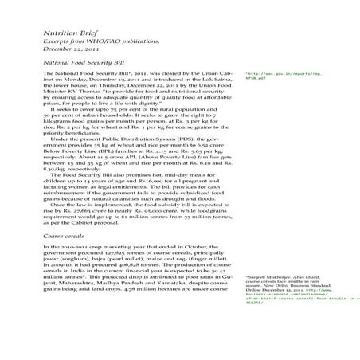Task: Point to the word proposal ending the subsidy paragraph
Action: [x=115, y=223]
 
